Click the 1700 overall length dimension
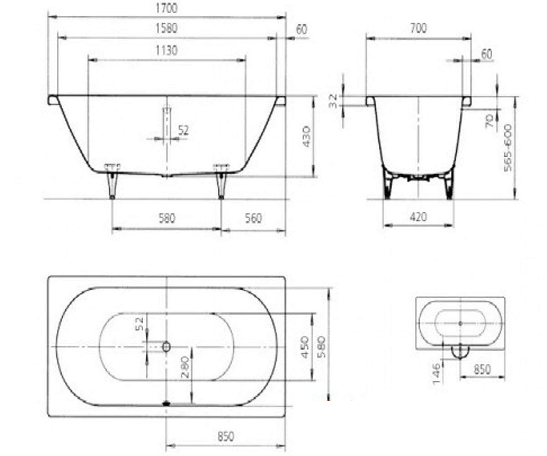167,8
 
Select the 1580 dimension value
167,29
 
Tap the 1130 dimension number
167,51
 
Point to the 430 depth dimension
306,136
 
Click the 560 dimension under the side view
253,218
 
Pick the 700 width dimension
418,28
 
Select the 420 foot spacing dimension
418,217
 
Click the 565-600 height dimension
508,148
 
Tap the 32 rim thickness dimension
333,101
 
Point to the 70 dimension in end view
490,121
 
